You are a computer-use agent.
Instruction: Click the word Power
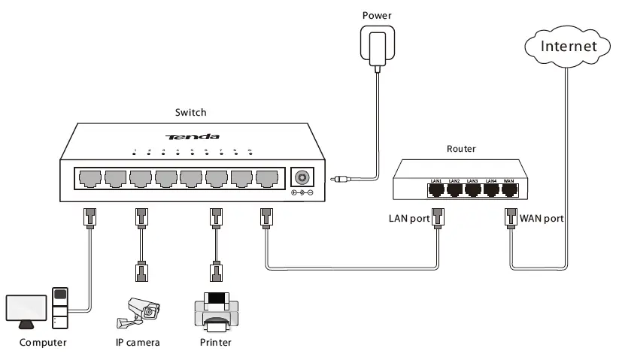pyautogui.click(x=376, y=14)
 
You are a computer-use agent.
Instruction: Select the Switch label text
pyautogui.click(x=190, y=113)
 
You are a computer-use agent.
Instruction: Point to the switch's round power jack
pyautogui.click(x=302, y=177)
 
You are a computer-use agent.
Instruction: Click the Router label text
pyautogui.click(x=461, y=150)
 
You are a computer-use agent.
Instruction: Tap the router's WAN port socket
pyautogui.click(x=509, y=189)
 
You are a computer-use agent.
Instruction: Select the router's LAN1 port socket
pyautogui.click(x=437, y=189)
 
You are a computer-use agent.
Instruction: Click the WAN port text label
pyautogui.click(x=542, y=219)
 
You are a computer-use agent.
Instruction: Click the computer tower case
pyautogui.click(x=60, y=308)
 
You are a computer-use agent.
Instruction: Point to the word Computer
pyautogui.click(x=43, y=343)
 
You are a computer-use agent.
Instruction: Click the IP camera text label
pyautogui.click(x=138, y=343)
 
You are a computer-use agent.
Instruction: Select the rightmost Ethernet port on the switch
pyautogui.click(x=266, y=179)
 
